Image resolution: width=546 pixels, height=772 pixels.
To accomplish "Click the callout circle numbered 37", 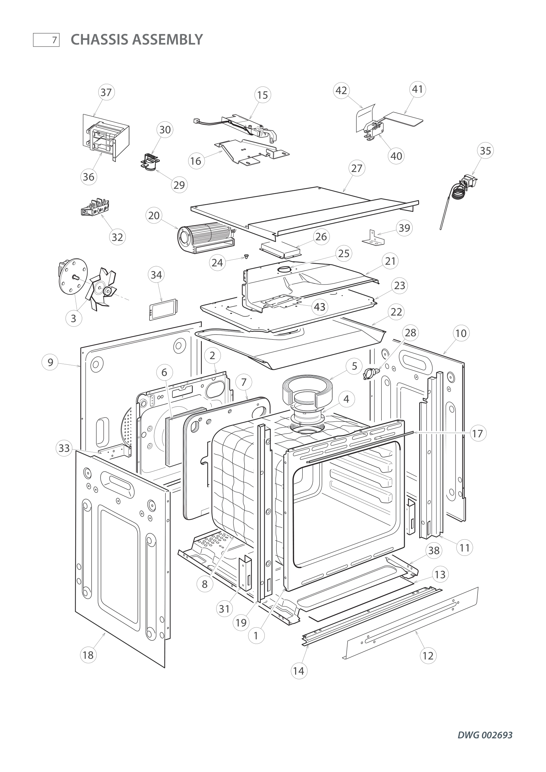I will (106, 92).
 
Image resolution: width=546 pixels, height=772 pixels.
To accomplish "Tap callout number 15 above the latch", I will (262, 95).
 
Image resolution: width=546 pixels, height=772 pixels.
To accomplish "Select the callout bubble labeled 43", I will (320, 307).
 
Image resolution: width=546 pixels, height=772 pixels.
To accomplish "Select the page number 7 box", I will (47, 40).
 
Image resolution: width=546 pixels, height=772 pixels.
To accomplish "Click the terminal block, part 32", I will (95, 207).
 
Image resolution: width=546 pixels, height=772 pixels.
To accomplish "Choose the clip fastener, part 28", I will (370, 373).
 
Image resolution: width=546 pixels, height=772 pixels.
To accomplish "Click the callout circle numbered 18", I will (88, 655).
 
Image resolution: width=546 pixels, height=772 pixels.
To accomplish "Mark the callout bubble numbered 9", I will (50, 362).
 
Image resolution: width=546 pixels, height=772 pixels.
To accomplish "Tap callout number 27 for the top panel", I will (357, 168).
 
